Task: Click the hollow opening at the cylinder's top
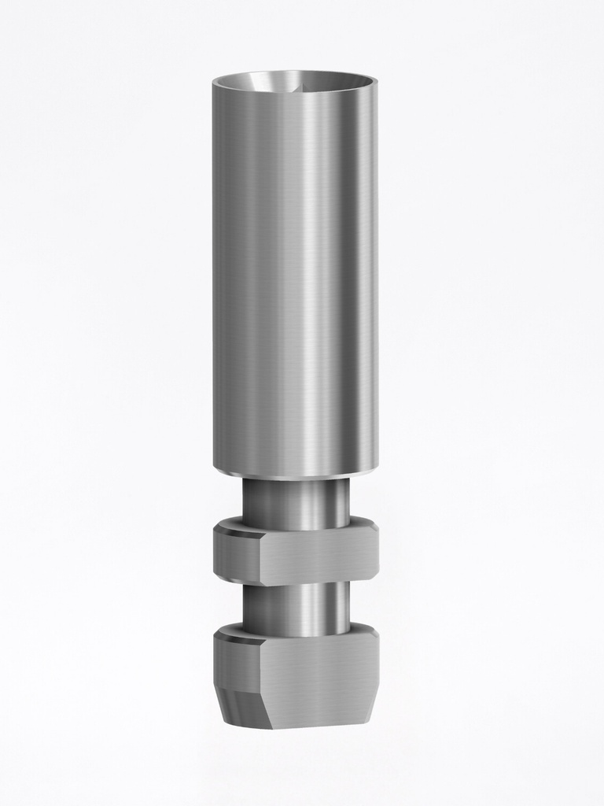click(x=295, y=81)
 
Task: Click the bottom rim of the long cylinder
click(x=295, y=475)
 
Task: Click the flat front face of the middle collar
click(x=315, y=558)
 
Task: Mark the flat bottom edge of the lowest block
click(x=315, y=725)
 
